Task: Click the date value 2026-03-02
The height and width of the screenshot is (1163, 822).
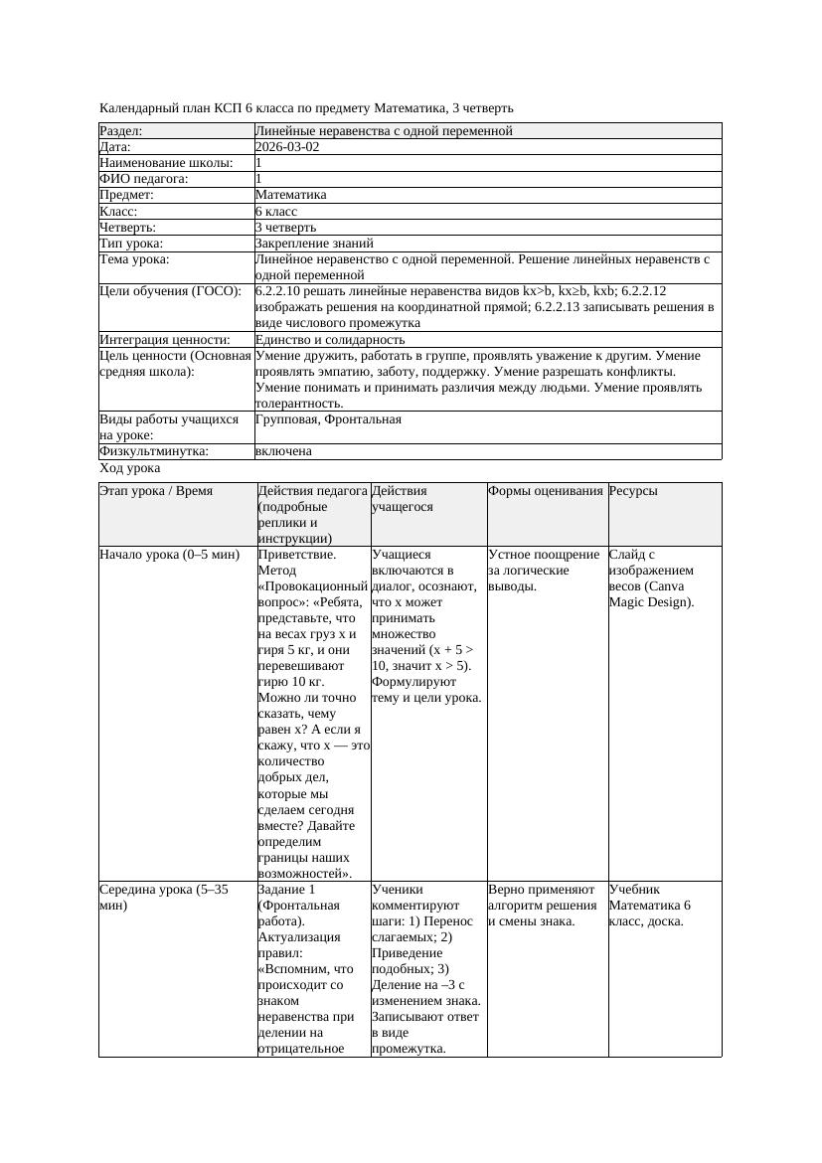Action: click(x=287, y=146)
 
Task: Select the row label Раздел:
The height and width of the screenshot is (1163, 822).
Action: click(x=121, y=130)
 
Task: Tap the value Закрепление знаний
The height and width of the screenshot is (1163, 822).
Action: click(x=308, y=243)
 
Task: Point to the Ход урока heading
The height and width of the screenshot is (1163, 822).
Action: click(x=130, y=468)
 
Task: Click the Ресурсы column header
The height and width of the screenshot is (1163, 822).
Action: click(x=633, y=491)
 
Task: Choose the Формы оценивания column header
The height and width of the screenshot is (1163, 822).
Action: click(x=546, y=491)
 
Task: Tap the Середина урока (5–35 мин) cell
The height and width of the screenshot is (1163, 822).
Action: click(x=164, y=898)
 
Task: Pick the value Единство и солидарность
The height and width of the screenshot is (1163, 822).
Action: click(x=330, y=339)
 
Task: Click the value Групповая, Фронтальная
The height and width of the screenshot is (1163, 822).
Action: click(x=328, y=419)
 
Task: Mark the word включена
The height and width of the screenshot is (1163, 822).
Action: click(x=283, y=451)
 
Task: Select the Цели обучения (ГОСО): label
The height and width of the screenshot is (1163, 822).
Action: click(x=171, y=291)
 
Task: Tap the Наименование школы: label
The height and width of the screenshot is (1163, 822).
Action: click(x=167, y=162)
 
